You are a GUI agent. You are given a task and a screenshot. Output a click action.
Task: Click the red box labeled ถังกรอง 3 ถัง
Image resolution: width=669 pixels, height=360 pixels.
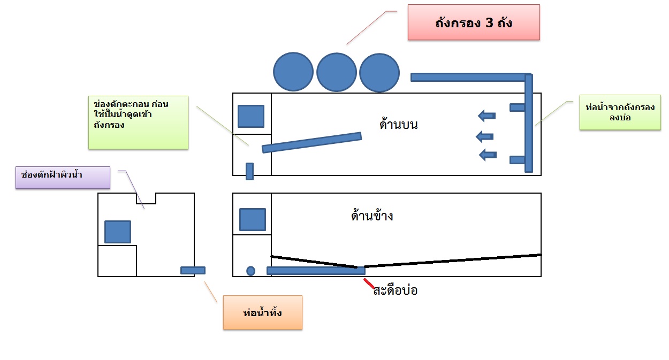point(474,22)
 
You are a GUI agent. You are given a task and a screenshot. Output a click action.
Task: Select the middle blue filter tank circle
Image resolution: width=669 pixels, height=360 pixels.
point(337,72)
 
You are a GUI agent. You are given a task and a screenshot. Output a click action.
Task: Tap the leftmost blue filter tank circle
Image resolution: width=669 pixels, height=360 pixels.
point(293,72)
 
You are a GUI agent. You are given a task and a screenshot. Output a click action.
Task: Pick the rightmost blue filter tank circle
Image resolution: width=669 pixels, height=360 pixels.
point(379,73)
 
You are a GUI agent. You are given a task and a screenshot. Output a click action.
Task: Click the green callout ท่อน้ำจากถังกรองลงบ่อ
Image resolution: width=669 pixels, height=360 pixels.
point(620,112)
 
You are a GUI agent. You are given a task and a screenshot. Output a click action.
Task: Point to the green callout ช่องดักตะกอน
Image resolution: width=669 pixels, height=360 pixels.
point(138,122)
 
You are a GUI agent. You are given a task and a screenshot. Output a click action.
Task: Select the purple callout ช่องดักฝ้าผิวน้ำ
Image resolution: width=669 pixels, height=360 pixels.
point(63,178)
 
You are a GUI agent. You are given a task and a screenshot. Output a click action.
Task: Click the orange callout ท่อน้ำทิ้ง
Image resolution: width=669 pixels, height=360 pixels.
point(263,312)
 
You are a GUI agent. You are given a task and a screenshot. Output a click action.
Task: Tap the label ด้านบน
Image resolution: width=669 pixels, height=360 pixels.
point(398,125)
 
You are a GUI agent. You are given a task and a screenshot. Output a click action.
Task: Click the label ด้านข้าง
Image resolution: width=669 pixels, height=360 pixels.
point(372,216)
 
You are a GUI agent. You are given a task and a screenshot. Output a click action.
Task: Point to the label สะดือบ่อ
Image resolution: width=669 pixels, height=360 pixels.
point(395,290)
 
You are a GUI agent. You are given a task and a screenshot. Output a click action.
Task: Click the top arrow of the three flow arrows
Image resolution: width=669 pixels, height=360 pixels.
point(487,116)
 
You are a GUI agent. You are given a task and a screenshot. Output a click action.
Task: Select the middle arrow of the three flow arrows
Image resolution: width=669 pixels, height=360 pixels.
point(484,137)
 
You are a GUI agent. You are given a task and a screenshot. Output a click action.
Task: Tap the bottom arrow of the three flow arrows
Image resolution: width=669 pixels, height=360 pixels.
point(488,155)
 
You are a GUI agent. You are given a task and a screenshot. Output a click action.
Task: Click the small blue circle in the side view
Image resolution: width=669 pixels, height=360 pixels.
point(250,271)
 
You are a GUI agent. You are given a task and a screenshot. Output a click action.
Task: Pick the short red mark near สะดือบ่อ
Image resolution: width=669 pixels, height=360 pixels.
point(369,284)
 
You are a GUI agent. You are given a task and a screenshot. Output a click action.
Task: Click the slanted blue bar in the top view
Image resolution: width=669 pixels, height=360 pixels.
point(312,143)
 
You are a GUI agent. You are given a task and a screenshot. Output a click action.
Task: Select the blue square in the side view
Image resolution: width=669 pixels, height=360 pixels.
point(253,219)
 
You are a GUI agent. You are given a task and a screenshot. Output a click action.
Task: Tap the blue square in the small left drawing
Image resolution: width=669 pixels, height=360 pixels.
point(118,232)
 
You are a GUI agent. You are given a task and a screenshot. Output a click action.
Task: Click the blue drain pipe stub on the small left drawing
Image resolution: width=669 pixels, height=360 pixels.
point(193,271)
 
